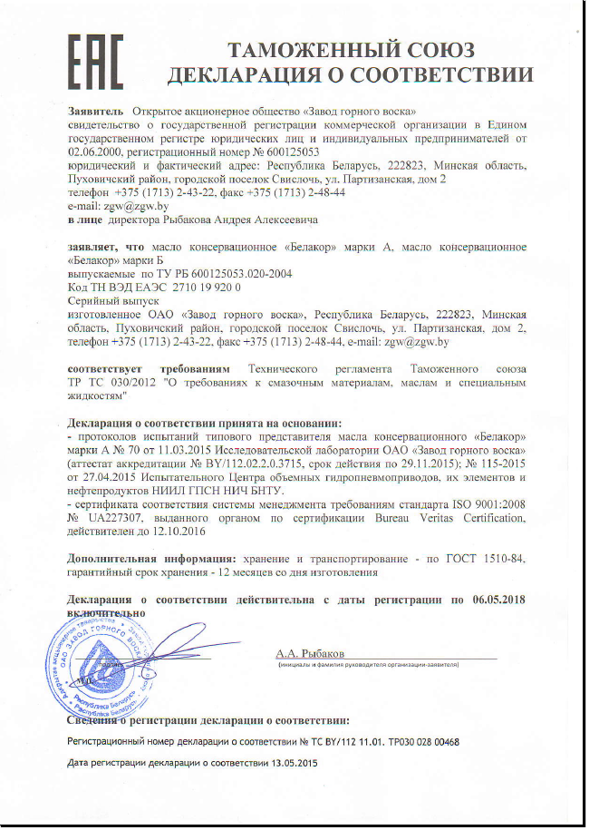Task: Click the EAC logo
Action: tap(95, 56)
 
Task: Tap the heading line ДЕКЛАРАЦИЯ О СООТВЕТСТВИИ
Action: tap(351, 73)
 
